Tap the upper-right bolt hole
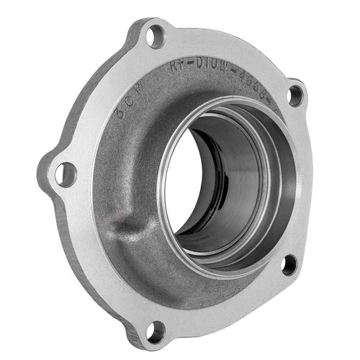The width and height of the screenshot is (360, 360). [295, 94]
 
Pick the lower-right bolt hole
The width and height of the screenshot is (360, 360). [289, 264]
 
